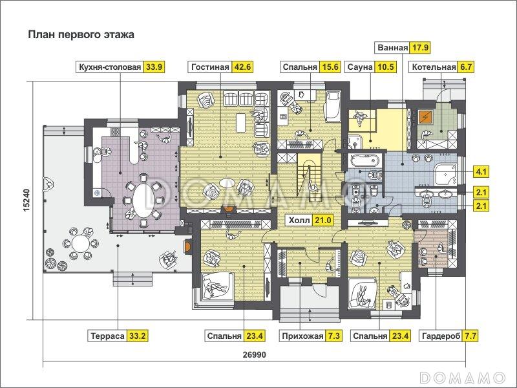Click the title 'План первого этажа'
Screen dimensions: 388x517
(x=80, y=35)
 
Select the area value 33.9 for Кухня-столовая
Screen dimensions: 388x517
(x=155, y=67)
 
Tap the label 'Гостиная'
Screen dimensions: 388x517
(x=210, y=67)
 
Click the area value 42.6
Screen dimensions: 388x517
(x=245, y=67)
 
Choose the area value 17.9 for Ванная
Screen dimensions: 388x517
(x=421, y=48)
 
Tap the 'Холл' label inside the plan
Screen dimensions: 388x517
(x=299, y=221)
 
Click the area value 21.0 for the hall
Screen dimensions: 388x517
(x=323, y=221)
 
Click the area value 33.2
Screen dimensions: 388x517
(x=139, y=336)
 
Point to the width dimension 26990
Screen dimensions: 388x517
(x=256, y=355)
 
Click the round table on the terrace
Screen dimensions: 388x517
(x=79, y=243)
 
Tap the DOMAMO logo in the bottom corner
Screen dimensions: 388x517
(x=463, y=376)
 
